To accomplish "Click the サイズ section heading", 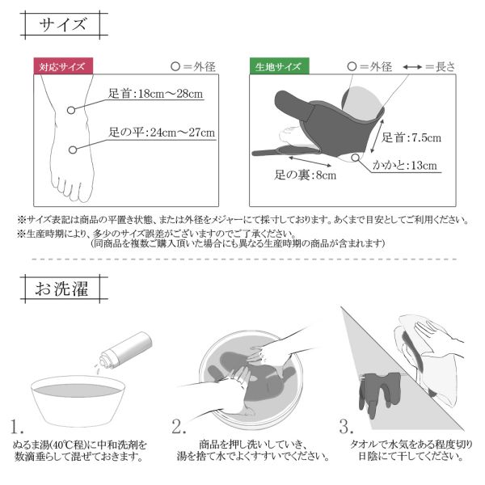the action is pos(62,25).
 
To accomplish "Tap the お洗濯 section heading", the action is pos(62,289).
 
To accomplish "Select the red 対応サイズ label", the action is pos(63,66).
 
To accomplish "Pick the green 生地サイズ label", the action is pos(280,66).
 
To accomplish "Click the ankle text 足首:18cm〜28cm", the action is pos(155,94).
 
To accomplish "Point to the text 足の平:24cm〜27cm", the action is pos(162,133).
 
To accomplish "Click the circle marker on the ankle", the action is pos(71,110).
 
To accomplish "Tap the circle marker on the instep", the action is pos(73,150).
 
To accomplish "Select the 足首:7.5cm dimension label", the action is pos(411,137).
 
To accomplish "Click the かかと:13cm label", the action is pos(405,165).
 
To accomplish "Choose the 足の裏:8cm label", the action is pos(306,175).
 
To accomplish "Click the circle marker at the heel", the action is pos(356,158).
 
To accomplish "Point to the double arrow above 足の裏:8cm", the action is pos(310,162).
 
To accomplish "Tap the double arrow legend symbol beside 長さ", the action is pos(412,67).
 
